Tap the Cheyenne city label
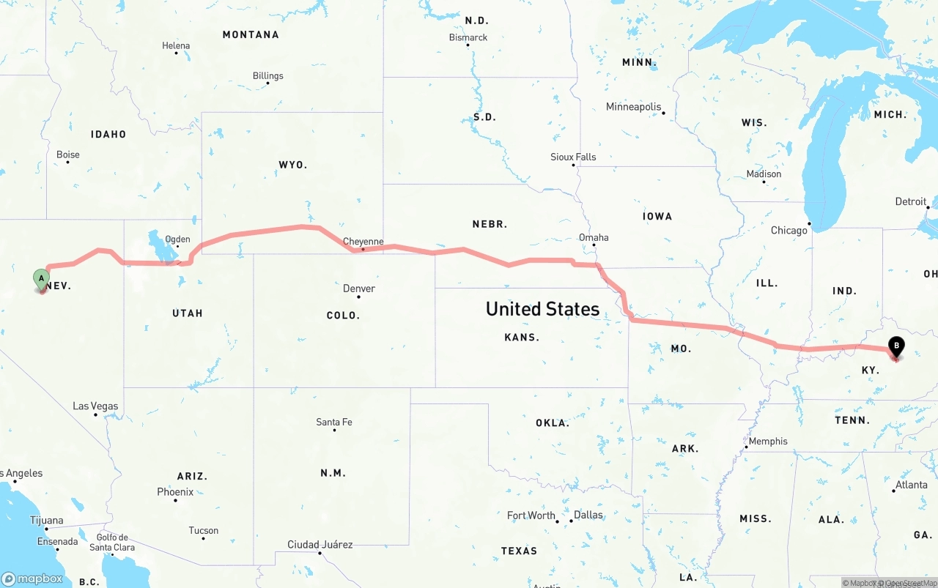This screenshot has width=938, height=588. point(363,242)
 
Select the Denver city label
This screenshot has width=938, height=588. point(359,289)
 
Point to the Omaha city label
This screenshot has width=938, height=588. point(594,237)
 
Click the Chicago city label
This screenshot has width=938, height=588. point(789,231)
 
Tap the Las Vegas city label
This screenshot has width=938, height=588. point(95,406)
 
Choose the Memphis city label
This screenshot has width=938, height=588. point(768,442)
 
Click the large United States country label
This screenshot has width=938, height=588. point(542,309)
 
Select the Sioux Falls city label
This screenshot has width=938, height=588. point(573,157)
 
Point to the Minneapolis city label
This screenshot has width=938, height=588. point(633,107)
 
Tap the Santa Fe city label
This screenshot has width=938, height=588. point(334,422)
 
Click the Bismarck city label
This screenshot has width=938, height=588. point(468,37)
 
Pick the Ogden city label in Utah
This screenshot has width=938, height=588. point(177,239)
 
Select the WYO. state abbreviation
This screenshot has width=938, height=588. point(292,165)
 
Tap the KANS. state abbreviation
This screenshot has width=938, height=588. point(522,338)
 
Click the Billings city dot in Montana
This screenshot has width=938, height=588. point(267,83)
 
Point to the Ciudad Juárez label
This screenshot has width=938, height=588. point(320,545)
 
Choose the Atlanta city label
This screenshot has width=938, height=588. point(911,485)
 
